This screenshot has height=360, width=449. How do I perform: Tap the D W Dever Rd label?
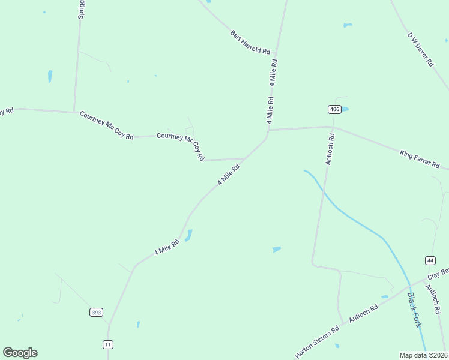tap(421, 49)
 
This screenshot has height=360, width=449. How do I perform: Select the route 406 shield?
tap(335, 109)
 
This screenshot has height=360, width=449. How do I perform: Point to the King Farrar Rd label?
tap(420, 159)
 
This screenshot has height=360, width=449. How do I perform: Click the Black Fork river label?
tap(414, 310)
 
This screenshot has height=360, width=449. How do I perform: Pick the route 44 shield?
tap(430, 260)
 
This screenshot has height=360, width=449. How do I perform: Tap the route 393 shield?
tap(96, 313)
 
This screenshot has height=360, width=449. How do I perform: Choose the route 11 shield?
tap(108, 344)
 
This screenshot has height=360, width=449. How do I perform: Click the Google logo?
tap(20, 353)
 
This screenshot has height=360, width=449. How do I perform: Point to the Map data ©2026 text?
tap(424, 355)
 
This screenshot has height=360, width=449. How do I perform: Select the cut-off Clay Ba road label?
tap(438, 274)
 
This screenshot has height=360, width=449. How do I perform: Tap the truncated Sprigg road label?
tap(81, 9)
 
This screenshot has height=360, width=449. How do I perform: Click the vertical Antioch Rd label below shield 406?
tap(330, 149)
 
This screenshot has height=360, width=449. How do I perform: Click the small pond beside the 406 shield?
tap(345, 109)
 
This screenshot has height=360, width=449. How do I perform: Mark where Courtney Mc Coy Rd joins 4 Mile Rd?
tap(244, 159)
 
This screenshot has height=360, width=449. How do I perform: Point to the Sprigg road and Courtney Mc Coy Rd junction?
tap(74, 112)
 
